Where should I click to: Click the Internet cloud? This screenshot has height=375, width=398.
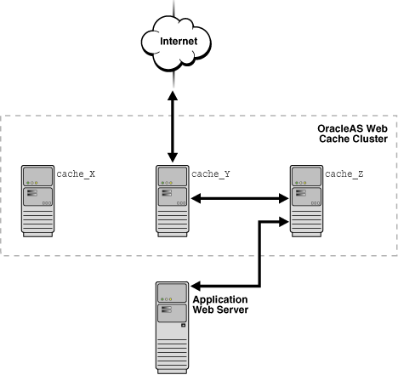[x=173, y=43]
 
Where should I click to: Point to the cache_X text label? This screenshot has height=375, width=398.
[x=76, y=173]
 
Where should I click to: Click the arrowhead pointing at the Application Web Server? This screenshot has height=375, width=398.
[x=196, y=287]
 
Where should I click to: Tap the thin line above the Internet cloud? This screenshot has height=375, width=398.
[x=173, y=8]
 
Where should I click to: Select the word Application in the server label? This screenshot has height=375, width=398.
[x=221, y=300]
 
